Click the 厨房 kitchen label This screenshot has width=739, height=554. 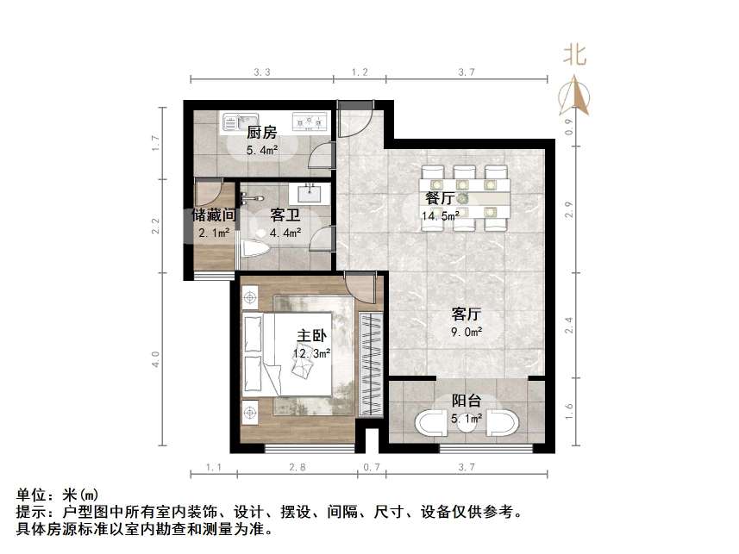pyautogui.click(x=261, y=132)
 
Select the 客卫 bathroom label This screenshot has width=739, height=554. pyautogui.click(x=285, y=215)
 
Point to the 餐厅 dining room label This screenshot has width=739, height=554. pyautogui.click(x=440, y=198)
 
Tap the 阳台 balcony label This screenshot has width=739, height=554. pyautogui.click(x=467, y=401)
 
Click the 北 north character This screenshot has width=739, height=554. pyautogui.click(x=575, y=55)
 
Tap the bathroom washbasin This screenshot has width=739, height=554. pyautogui.click(x=310, y=193)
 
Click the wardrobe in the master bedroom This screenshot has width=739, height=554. pyautogui.click(x=371, y=362)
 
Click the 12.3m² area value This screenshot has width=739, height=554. pyautogui.click(x=311, y=353)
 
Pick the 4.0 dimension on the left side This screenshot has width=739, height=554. pyautogui.click(x=156, y=359)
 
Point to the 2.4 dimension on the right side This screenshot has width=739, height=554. pyautogui.click(x=567, y=326)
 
